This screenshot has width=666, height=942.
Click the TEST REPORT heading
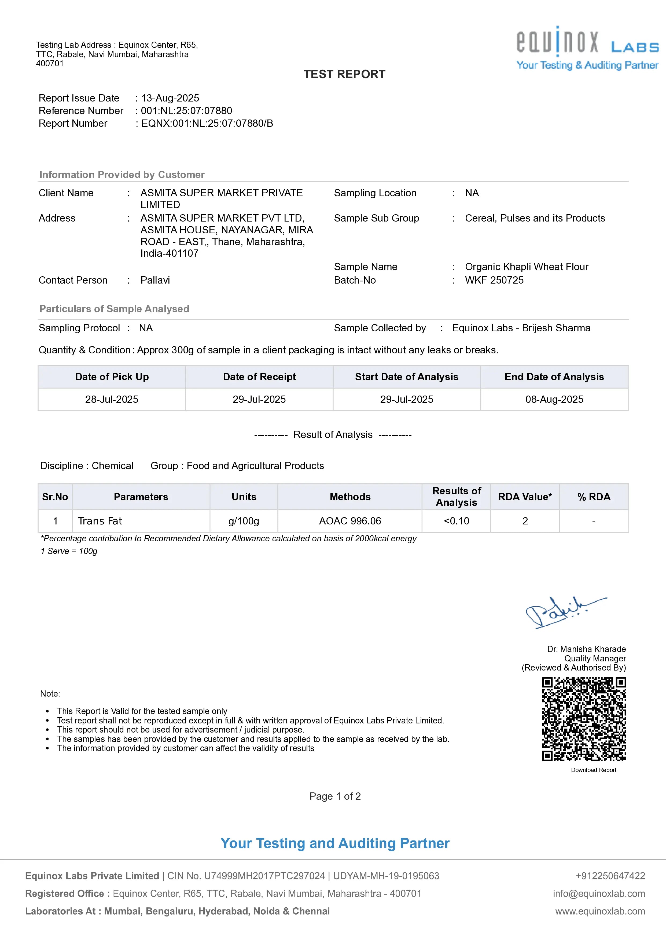(344, 74)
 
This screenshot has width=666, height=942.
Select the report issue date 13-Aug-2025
(170, 98)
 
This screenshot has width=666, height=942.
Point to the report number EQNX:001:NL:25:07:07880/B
(207, 124)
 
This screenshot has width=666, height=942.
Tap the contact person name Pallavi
(155, 280)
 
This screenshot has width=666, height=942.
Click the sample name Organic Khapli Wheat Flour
(527, 267)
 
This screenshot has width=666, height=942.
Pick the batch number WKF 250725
(494, 280)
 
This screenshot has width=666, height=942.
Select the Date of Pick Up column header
(112, 377)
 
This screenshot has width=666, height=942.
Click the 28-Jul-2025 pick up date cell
(112, 399)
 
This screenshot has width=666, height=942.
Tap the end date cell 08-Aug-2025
(554, 399)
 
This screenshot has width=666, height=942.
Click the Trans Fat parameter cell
(100, 521)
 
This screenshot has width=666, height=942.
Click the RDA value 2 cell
(525, 521)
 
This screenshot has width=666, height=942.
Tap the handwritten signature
(564, 612)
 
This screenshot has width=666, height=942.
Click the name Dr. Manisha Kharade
(586, 649)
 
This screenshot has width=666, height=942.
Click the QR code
(584, 719)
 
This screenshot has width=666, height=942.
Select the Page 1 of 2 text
(335, 796)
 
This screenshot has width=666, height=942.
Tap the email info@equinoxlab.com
(599, 894)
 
